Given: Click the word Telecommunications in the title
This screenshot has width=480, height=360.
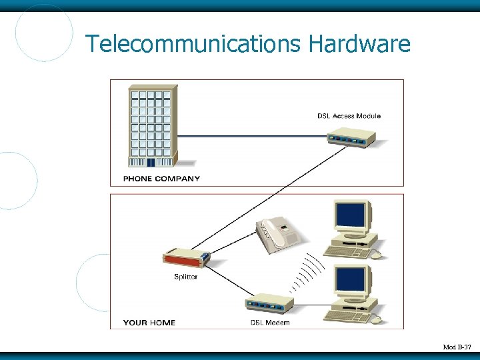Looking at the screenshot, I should click(193, 45).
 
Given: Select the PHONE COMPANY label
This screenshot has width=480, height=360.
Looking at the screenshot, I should click(161, 179).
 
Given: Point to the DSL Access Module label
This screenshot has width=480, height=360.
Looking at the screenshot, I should click(349, 116).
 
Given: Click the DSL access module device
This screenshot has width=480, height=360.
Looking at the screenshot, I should click(351, 139).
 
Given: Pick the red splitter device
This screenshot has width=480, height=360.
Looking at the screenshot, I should click(186, 259).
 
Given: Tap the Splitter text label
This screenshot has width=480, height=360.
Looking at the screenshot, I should click(185, 277).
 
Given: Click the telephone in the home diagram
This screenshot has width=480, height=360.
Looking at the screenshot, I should click(279, 235).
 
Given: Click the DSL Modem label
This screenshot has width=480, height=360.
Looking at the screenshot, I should click(270, 323).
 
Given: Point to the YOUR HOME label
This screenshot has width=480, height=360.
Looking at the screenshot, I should click(149, 323).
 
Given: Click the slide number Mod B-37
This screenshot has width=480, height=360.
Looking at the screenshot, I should click(457, 347).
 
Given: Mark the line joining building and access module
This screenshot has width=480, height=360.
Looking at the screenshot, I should click(253, 137).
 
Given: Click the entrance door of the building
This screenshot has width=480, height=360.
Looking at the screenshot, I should click(151, 162).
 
